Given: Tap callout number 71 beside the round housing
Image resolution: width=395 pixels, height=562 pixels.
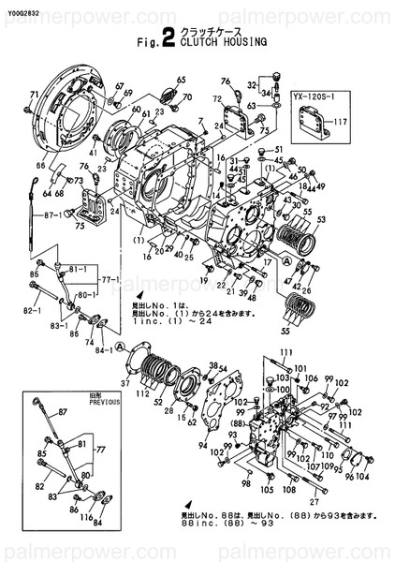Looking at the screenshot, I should tap(35, 95).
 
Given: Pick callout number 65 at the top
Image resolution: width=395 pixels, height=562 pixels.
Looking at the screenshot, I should tap(181, 79).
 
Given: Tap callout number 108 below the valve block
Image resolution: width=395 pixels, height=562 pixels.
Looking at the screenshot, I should tap(288, 490).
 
